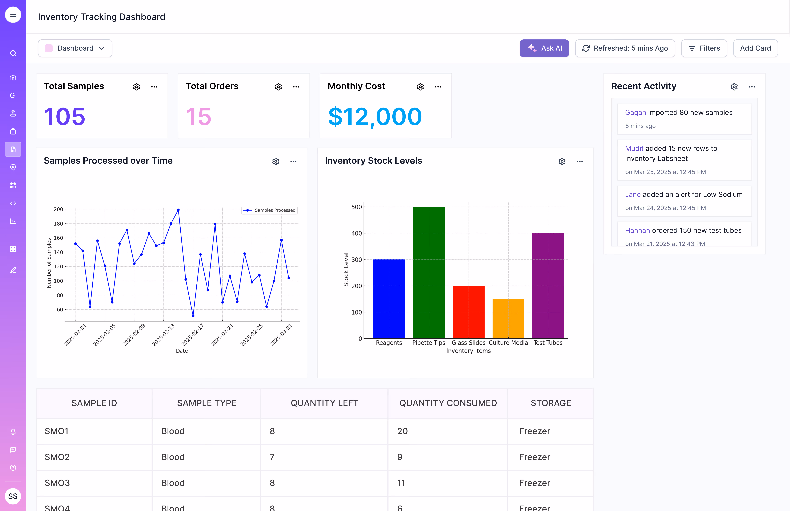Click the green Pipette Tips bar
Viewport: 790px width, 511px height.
coord(429,272)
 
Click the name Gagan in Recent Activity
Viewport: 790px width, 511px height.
coord(635,113)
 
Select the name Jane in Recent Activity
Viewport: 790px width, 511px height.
coord(633,194)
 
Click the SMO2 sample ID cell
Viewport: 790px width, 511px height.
coord(57,457)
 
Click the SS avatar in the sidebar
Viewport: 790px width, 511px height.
coord(13,496)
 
